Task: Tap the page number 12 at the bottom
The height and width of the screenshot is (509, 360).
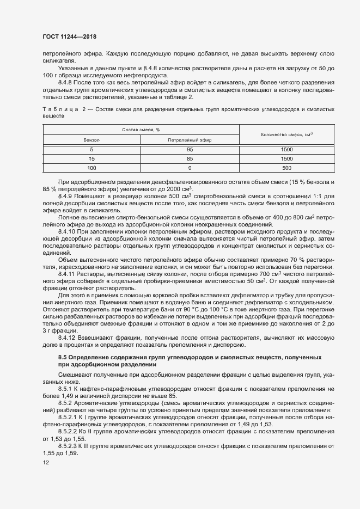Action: (x=46, y=463)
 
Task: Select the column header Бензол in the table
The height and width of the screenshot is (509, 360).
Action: (x=91, y=140)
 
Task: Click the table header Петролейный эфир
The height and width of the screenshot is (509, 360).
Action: (x=190, y=140)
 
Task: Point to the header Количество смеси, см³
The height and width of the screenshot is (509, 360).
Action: (x=286, y=134)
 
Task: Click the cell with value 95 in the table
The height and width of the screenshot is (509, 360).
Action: (x=190, y=149)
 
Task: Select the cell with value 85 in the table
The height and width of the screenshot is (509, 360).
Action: (x=190, y=158)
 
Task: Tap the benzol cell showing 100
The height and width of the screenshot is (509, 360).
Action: (x=91, y=168)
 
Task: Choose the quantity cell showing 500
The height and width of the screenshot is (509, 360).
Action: (x=286, y=168)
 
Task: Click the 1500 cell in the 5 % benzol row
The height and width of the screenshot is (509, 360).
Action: (x=286, y=149)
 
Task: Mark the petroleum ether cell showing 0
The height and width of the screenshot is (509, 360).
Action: (x=190, y=168)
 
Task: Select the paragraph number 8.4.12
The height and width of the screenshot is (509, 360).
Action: (x=67, y=337)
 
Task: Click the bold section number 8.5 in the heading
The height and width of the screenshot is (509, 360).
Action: (x=62, y=357)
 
